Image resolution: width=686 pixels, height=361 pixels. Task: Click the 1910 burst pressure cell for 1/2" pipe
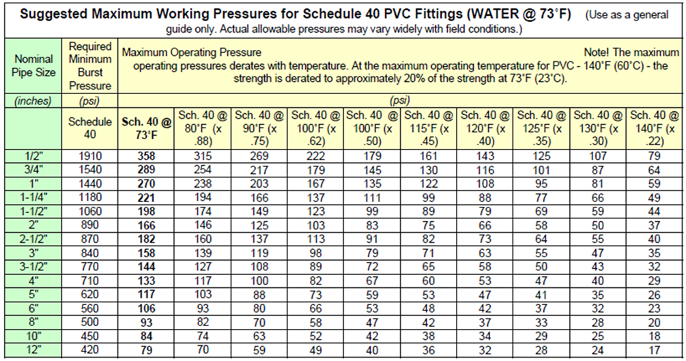pyautogui.click(x=90, y=157)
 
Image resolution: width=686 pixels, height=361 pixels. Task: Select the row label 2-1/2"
pyautogui.click(x=33, y=240)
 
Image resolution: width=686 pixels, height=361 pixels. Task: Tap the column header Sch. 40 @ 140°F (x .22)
pyautogui.click(x=653, y=128)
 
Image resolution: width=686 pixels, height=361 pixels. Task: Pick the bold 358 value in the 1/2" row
pyautogui.click(x=146, y=157)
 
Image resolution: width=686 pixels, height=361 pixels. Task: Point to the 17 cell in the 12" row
pyautogui.click(x=653, y=350)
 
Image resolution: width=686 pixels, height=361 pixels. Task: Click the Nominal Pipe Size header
pyautogui.click(x=33, y=66)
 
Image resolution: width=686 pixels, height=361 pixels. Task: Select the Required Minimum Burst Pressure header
pyautogui.click(x=90, y=66)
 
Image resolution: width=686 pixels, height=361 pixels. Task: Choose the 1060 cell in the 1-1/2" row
pyautogui.click(x=90, y=212)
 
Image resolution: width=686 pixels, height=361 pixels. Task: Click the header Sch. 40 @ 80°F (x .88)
pyautogui.click(x=202, y=128)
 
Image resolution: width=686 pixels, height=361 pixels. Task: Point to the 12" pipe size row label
pyautogui.click(x=33, y=350)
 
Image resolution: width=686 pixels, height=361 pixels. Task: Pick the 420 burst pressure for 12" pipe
pyautogui.click(x=90, y=350)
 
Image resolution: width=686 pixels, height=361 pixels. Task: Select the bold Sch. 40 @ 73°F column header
pyautogui.click(x=146, y=128)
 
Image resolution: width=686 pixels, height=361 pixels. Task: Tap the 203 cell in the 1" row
pyautogui.click(x=259, y=184)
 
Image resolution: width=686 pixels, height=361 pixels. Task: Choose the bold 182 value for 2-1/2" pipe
pyautogui.click(x=146, y=240)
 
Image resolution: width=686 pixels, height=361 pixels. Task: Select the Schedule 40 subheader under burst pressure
pyautogui.click(x=90, y=128)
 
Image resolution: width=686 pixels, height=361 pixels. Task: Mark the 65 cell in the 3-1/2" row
pyautogui.click(x=429, y=267)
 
